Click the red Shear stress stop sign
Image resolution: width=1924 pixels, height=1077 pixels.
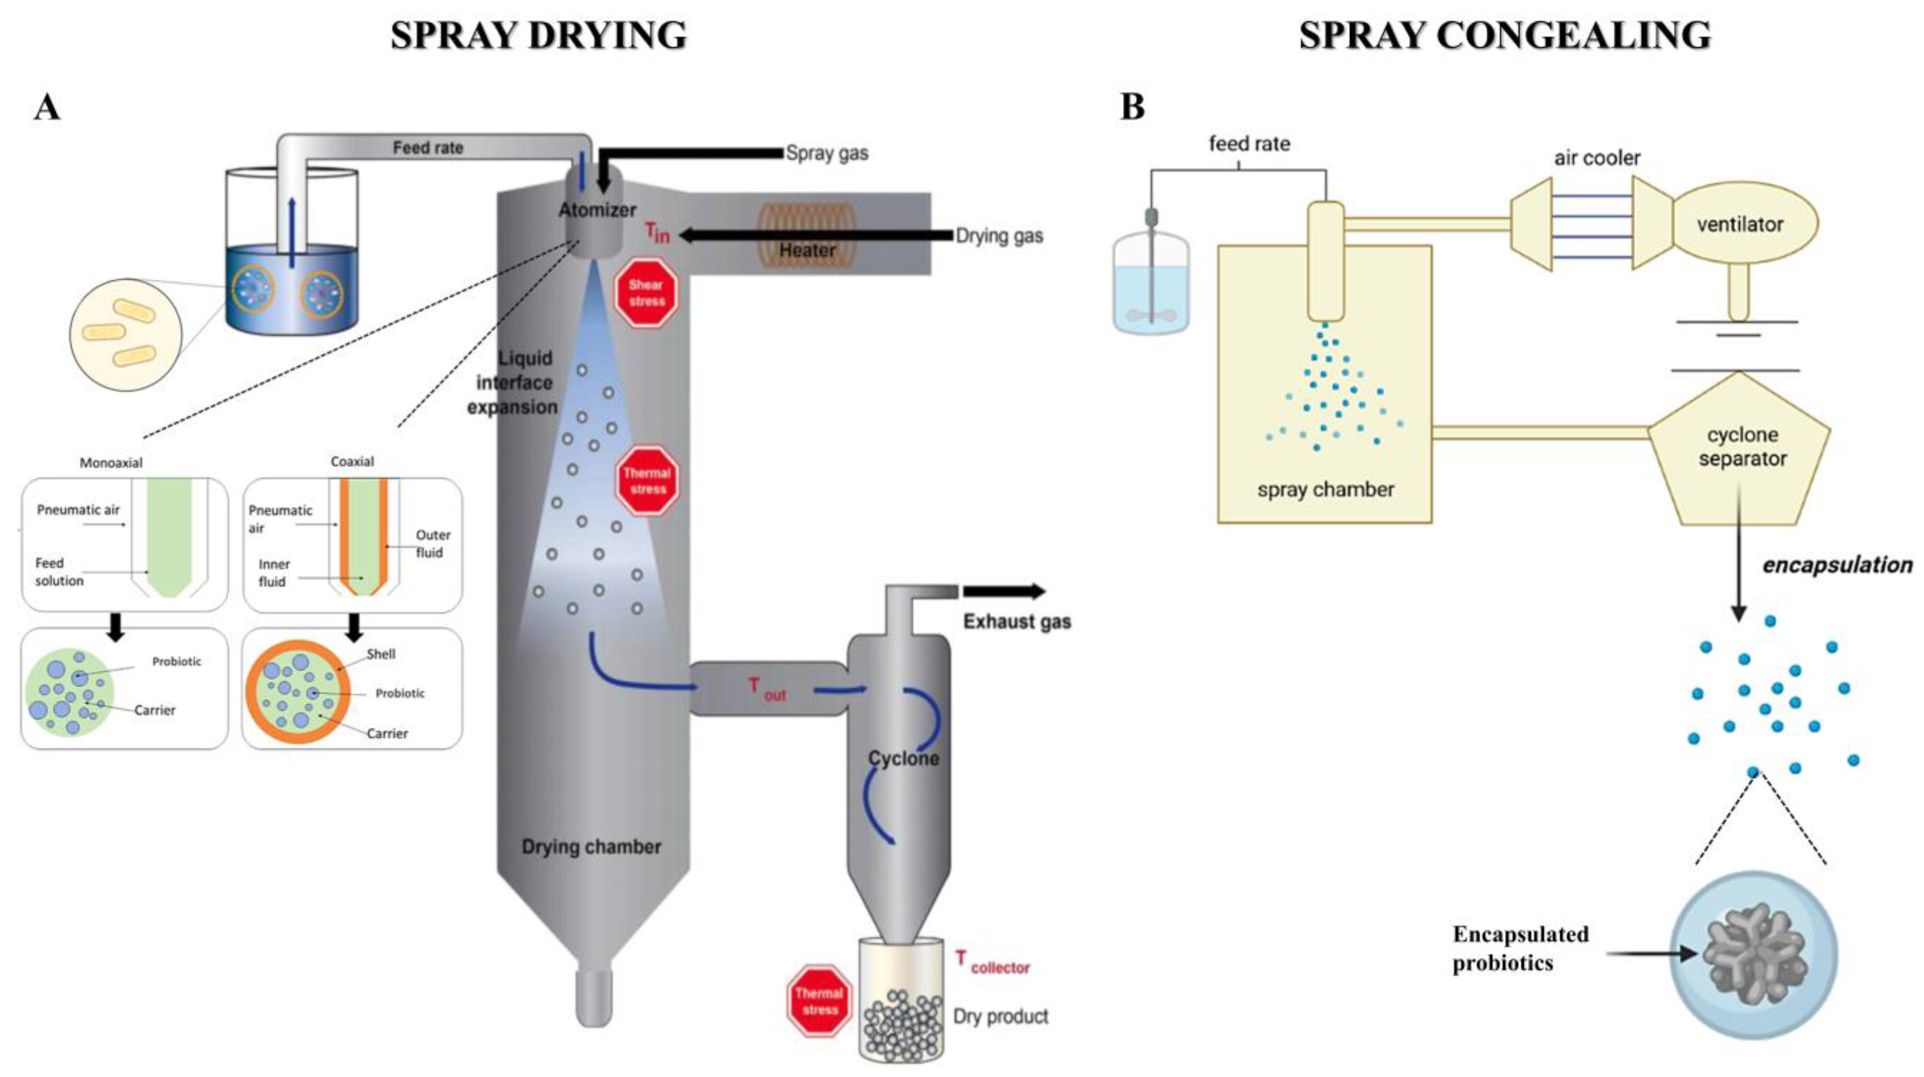[646, 293]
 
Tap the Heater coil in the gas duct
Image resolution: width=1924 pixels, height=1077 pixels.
[807, 234]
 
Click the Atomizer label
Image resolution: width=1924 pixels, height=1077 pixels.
[598, 210]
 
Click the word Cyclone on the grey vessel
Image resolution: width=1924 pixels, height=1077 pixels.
[903, 758]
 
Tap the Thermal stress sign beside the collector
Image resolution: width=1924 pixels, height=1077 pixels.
[819, 1001]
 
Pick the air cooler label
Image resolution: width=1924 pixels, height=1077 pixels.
[1597, 158]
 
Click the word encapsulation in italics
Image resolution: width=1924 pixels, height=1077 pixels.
[1837, 565]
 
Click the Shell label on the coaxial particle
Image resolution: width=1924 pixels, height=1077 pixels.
[380, 654]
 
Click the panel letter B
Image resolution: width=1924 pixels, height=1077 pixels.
[1132, 107]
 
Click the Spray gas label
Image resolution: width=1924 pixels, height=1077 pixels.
[827, 153]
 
